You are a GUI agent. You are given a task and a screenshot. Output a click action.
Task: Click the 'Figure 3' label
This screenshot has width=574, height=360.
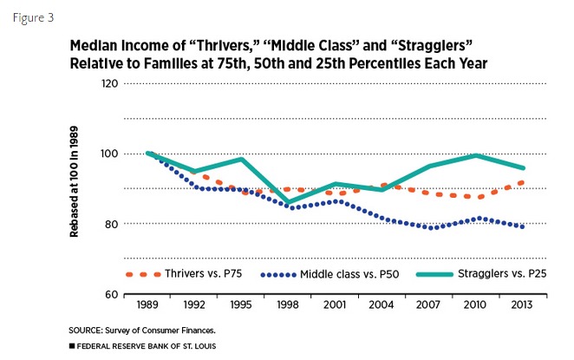31,16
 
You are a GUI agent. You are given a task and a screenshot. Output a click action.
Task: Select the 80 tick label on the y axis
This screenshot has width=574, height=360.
110,224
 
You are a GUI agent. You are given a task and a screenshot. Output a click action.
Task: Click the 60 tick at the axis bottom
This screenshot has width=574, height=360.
110,294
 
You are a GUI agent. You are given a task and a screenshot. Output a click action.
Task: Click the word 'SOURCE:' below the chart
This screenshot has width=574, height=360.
85,330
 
